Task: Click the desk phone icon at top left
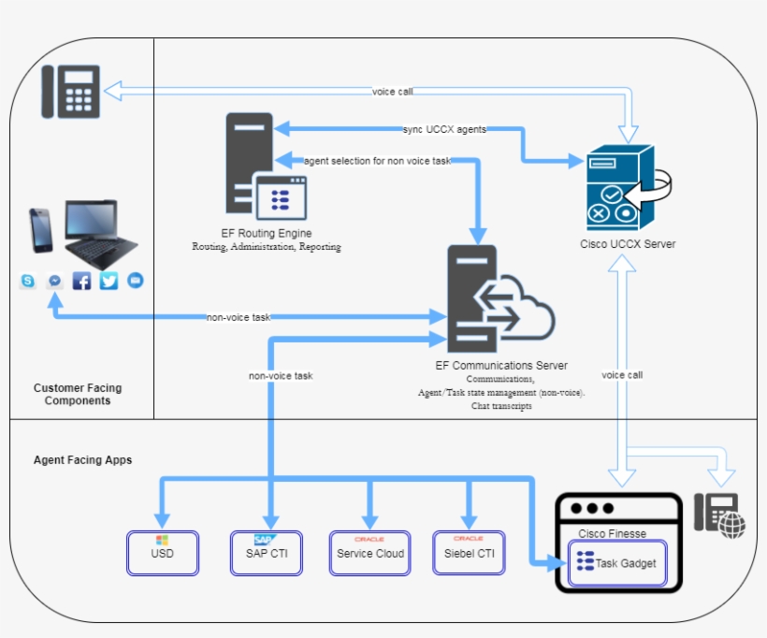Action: (70, 91)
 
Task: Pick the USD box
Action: (163, 553)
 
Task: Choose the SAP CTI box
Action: (267, 553)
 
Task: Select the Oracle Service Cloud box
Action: (370, 553)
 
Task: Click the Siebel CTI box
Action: (469, 553)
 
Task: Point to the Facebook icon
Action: (82, 281)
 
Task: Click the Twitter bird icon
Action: (109, 281)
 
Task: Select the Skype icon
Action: (28, 281)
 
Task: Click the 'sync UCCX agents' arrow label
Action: (444, 129)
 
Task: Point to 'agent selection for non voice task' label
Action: (378, 161)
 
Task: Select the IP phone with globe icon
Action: (720, 515)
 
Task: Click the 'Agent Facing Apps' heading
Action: (83, 460)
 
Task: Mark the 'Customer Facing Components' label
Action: (78, 394)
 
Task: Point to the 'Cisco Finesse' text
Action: (612, 533)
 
